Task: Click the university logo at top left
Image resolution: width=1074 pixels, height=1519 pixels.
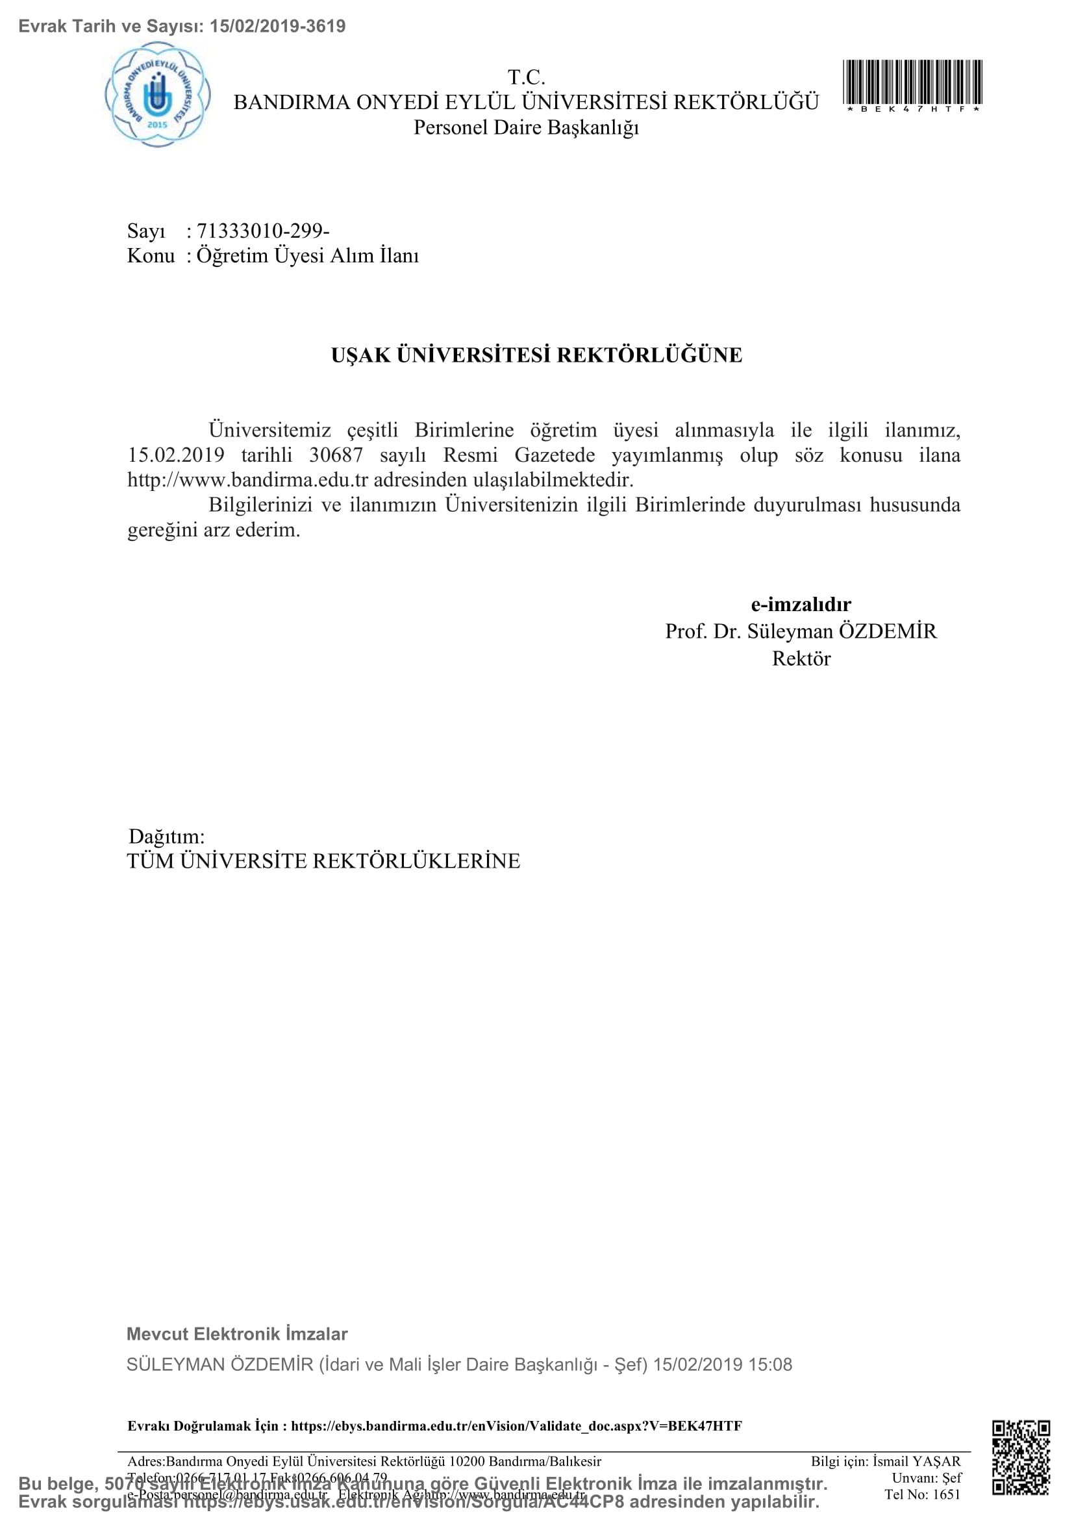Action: [158, 95]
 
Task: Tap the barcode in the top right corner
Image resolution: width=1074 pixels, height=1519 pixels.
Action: [912, 82]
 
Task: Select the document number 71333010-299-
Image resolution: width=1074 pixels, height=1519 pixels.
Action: [263, 231]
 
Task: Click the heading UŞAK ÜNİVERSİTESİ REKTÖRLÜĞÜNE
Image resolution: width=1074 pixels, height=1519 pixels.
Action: [536, 355]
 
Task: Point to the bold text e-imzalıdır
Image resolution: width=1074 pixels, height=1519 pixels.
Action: [800, 604]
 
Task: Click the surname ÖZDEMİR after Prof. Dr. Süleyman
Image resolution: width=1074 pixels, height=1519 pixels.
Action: [888, 631]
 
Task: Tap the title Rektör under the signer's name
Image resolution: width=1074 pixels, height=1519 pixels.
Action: [801, 659]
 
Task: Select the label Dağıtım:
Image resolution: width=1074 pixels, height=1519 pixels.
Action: [167, 836]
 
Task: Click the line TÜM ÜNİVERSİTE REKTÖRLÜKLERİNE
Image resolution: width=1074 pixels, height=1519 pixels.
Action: [323, 860]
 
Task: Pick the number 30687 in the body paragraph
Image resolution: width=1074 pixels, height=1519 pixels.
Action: [336, 455]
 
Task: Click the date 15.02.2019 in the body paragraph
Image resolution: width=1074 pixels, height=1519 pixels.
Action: [176, 455]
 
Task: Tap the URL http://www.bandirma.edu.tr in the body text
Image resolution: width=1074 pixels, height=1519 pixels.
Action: [247, 480]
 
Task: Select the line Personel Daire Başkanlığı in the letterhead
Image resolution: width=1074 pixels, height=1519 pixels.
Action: [526, 127]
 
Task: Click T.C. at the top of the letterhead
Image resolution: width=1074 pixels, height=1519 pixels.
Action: [526, 77]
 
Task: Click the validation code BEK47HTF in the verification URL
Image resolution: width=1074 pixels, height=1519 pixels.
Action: [705, 1425]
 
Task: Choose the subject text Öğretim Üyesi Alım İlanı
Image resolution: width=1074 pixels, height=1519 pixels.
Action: [308, 255]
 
